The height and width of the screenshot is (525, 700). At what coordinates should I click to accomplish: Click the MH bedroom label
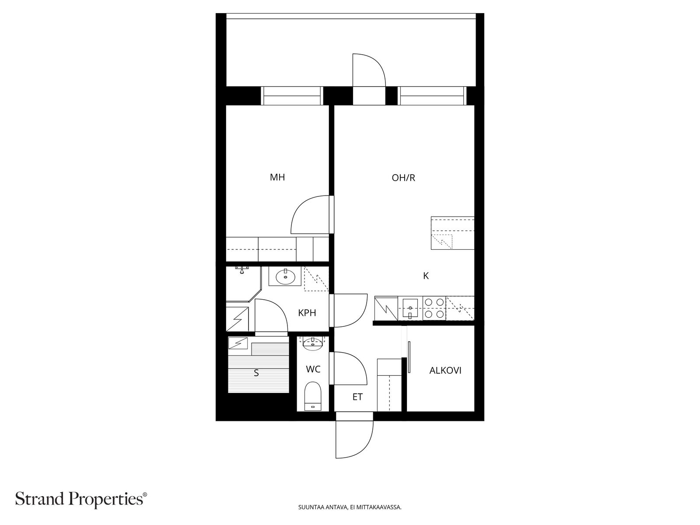[277, 177]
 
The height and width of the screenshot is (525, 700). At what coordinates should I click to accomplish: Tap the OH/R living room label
[403, 178]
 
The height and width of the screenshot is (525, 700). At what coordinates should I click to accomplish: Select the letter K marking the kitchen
[426, 276]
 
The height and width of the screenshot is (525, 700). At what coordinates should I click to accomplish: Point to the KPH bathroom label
[307, 313]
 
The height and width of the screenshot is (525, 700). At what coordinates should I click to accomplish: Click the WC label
[313, 369]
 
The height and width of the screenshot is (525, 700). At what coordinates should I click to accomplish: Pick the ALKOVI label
[445, 371]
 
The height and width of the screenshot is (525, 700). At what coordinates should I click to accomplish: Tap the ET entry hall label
[357, 397]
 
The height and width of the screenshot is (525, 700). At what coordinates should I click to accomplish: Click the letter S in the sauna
[256, 373]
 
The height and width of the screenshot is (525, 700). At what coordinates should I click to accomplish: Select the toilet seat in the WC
[312, 396]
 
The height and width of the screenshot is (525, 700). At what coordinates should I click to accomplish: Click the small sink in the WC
[312, 343]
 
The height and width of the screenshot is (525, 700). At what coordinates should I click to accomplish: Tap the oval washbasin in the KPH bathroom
[285, 276]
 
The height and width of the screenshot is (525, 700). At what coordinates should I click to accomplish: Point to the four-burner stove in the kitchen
[434, 308]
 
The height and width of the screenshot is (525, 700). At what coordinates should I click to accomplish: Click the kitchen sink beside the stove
[410, 308]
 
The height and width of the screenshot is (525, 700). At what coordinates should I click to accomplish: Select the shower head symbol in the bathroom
[242, 269]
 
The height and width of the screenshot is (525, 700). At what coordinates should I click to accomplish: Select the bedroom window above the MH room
[292, 96]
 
